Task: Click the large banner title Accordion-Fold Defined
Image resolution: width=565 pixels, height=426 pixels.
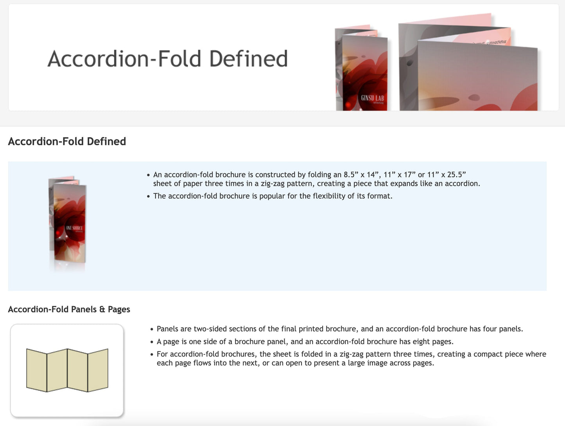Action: (x=167, y=59)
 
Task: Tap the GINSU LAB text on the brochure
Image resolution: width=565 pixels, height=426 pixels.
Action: (x=372, y=98)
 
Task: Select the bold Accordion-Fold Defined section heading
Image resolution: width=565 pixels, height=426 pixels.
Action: (x=67, y=141)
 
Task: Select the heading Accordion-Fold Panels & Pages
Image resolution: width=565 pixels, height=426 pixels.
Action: (x=69, y=309)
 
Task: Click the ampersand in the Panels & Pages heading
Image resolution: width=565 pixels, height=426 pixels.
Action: (x=102, y=309)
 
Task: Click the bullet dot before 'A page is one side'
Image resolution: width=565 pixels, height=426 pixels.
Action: (x=152, y=342)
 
